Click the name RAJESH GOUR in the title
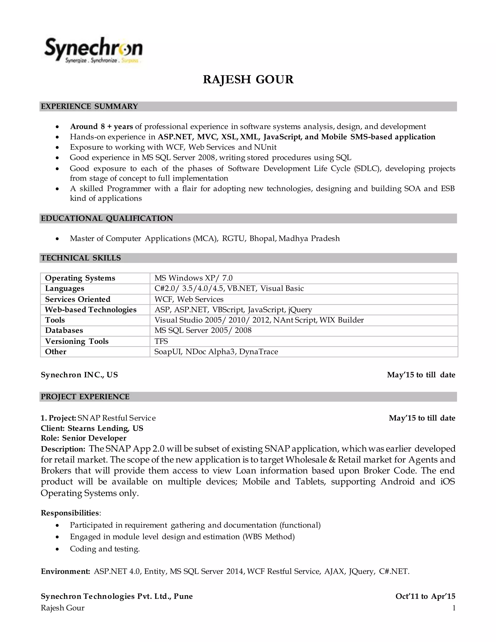pos(248,80)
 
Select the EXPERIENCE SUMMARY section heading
pos(89,106)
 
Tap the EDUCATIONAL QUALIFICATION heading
pos(107,219)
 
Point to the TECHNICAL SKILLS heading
pos(81,258)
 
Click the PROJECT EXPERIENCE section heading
pos(85,397)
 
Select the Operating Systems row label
pos(80,278)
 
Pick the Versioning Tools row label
pos(77,341)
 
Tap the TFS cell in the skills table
pos(161,341)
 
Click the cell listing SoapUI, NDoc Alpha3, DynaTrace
pos(216,352)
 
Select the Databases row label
pos(64,330)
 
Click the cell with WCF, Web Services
pos(189,299)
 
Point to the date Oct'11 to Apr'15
pos(425,596)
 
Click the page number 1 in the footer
pos(454,608)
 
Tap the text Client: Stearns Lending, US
pos(92,428)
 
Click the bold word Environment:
pos(65,571)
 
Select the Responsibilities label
pos(70,513)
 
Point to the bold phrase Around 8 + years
pos(101,127)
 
